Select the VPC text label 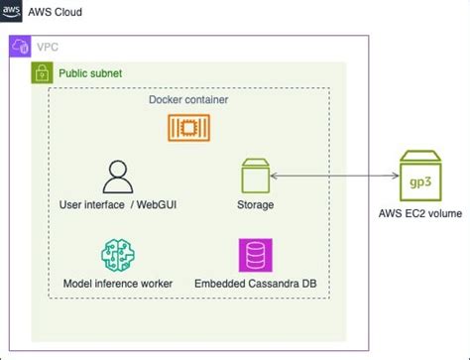(47, 47)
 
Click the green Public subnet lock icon (42, 73)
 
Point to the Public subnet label (91, 73)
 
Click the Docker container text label (187, 101)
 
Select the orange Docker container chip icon (188, 128)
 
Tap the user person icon (118, 177)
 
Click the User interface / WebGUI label (118, 205)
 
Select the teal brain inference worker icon (118, 255)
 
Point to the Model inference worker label (118, 284)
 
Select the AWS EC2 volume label (420, 212)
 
